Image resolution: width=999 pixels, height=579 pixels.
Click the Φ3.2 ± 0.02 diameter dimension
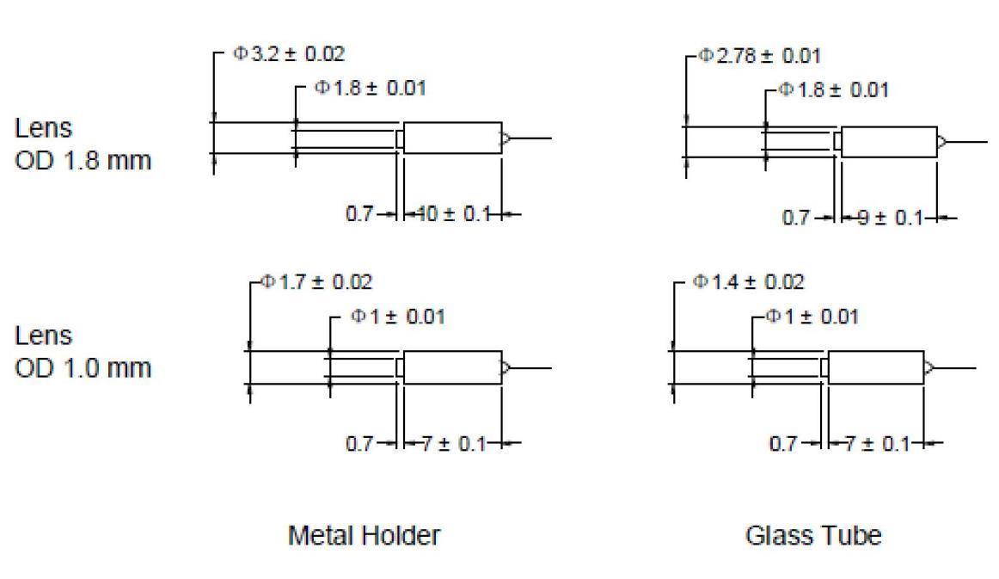click(x=289, y=53)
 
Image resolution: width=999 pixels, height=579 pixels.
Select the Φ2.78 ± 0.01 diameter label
click(x=759, y=56)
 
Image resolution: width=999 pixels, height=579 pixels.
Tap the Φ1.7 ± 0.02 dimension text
click(x=316, y=282)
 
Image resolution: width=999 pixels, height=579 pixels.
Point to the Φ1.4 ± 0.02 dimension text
click(x=749, y=282)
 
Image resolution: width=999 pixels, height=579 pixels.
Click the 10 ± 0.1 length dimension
click(x=453, y=213)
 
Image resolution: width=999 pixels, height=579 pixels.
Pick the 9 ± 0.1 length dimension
click(x=890, y=218)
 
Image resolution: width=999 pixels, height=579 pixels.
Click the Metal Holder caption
click(x=364, y=536)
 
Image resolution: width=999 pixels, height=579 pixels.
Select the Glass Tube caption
click(x=813, y=536)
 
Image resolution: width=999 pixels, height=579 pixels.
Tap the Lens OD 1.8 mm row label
click(x=83, y=145)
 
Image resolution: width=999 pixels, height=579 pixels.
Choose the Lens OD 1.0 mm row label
click(x=83, y=352)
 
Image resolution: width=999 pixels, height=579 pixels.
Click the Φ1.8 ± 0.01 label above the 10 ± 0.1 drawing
click(x=371, y=88)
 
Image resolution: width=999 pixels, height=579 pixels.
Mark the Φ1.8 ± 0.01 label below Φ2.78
click(x=833, y=90)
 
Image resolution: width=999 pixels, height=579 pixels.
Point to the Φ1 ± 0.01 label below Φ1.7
click(x=397, y=317)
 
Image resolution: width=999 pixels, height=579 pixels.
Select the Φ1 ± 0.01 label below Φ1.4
click(x=812, y=317)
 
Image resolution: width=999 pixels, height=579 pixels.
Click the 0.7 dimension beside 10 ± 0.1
click(x=359, y=213)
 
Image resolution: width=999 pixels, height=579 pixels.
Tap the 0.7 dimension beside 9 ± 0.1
click(x=796, y=218)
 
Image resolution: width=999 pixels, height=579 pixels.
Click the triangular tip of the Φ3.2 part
click(x=506, y=138)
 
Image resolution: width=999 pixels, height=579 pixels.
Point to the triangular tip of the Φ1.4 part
click(x=929, y=368)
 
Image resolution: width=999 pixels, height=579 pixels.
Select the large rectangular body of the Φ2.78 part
click(x=890, y=142)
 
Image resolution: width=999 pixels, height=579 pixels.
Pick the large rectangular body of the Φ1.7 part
click(x=453, y=367)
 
